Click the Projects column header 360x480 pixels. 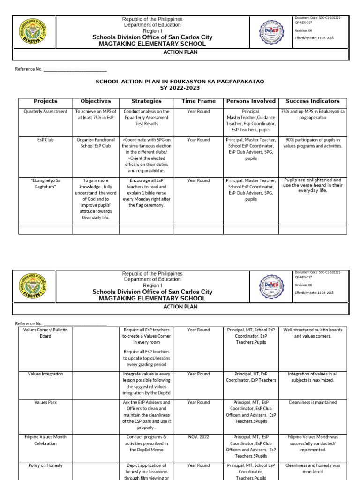pos(45,101)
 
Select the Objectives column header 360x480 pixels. pos(96,101)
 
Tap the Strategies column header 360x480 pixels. pos(146,101)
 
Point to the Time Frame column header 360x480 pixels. pos(198,101)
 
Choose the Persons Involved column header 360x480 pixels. pos(251,101)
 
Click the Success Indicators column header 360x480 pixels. pos(313,101)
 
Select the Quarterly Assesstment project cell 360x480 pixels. pos(45,112)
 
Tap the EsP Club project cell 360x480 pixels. pos(45,140)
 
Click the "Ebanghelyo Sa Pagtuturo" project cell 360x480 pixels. pos(45,183)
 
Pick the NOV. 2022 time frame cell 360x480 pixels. pos(198,437)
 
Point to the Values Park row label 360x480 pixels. pos(45,402)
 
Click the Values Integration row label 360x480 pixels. pos(45,374)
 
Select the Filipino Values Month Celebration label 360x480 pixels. pos(45,440)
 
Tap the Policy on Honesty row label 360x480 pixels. pos(45,465)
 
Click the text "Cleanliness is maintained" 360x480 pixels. pos(313,402)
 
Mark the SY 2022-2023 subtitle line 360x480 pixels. pos(180,88)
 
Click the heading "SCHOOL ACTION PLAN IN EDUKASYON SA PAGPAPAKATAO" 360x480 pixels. pos(180,82)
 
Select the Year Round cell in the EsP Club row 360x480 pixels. pos(198,140)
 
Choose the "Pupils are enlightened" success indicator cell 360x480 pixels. pos(313,185)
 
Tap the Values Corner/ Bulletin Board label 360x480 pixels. pos(45,333)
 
